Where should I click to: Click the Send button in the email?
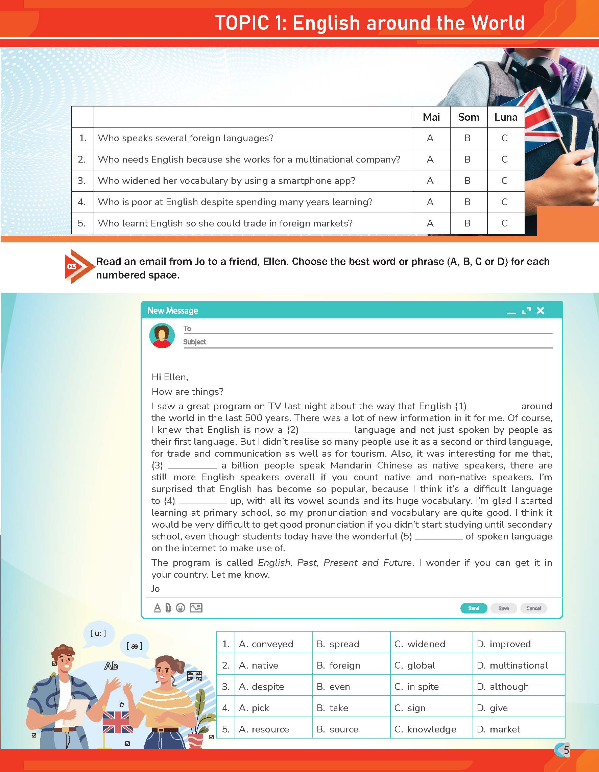474,608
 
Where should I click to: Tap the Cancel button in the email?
533,608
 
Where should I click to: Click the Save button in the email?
504,608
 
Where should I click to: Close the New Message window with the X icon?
540,310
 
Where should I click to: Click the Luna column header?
506,117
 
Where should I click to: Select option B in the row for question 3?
467,180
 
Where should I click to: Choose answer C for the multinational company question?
505,160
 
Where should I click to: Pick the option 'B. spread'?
338,644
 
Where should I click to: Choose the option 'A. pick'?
254,708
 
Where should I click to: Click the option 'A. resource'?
264,729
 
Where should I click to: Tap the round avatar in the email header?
162,336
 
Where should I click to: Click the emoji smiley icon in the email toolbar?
180,608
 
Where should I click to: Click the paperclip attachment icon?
168,608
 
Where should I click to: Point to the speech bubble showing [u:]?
99,633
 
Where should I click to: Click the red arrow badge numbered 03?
74,266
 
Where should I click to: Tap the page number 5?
566,750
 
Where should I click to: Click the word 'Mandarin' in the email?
351,465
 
